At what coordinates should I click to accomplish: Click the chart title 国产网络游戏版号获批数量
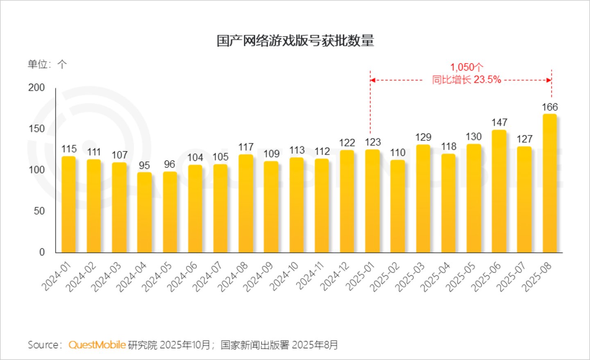pyautogui.click(x=295, y=41)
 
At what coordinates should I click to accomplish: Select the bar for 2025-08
pyautogui.click(x=550, y=183)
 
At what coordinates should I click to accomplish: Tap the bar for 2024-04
pyautogui.click(x=144, y=213)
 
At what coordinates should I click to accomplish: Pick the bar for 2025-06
pyautogui.click(x=499, y=191)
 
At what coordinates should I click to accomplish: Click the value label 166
pyautogui.click(x=550, y=107)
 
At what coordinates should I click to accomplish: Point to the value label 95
pyautogui.click(x=144, y=165)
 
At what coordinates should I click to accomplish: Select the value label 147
pyautogui.click(x=499, y=122)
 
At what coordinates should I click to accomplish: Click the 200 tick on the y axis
pyautogui.click(x=36, y=88)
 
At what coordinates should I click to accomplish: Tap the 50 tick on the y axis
pyautogui.click(x=39, y=211)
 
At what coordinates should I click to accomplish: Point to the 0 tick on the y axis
pyautogui.click(x=42, y=252)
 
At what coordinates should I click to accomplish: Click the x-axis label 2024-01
pyautogui.click(x=57, y=276)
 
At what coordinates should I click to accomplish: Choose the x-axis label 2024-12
pyautogui.click(x=335, y=276)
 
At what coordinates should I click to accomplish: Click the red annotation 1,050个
pyautogui.click(x=466, y=68)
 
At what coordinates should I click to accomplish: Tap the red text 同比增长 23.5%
pyautogui.click(x=466, y=79)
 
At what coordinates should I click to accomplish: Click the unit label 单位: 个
pyautogui.click(x=48, y=64)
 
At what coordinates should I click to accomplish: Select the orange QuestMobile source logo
pyautogui.click(x=97, y=345)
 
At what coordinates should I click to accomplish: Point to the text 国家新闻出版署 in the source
pyautogui.click(x=255, y=345)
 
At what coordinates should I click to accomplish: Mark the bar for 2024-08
pyautogui.click(x=246, y=204)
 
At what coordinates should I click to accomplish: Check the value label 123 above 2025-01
pyautogui.click(x=373, y=142)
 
